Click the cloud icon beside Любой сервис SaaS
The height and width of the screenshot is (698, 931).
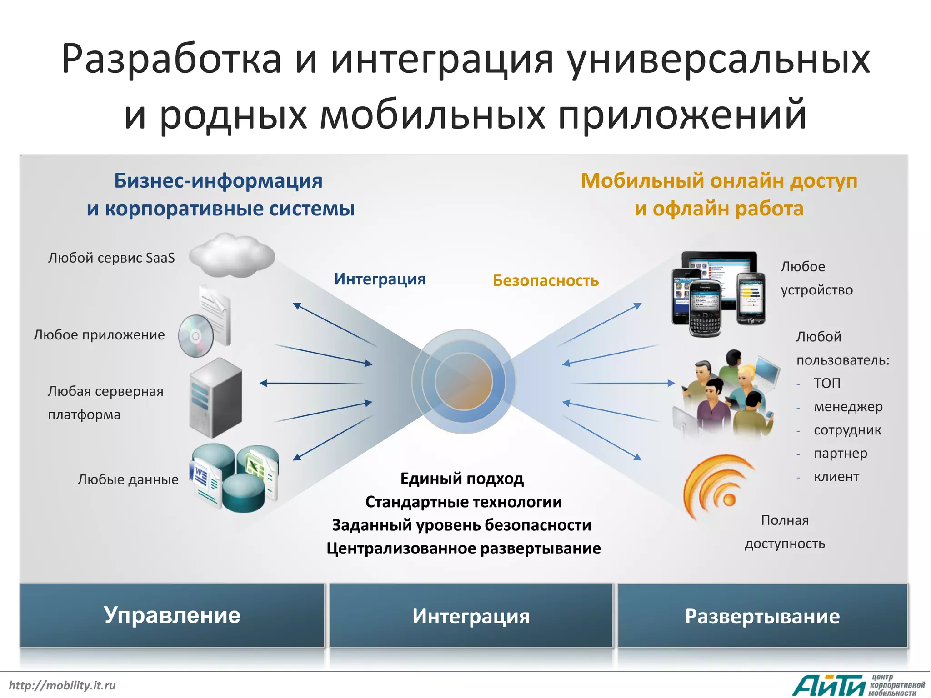click(232, 255)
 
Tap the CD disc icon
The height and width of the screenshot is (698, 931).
click(196, 336)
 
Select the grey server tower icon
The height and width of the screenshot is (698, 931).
click(215, 398)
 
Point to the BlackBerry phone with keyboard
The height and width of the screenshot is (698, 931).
click(705, 309)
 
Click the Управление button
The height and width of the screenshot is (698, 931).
click(172, 615)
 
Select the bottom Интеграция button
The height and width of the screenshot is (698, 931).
click(471, 616)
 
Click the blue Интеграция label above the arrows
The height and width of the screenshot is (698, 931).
click(380, 279)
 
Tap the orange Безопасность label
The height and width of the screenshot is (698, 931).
click(546, 281)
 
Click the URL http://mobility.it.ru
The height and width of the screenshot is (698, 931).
click(62, 685)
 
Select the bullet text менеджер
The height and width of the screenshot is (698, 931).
click(848, 407)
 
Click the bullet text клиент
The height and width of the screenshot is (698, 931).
click(836, 477)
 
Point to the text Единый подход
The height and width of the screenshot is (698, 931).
click(462, 479)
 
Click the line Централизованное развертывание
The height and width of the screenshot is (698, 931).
click(463, 548)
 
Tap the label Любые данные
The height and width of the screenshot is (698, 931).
click(128, 479)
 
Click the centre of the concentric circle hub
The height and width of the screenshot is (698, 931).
click(464, 381)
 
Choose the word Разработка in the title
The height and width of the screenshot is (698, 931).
click(171, 59)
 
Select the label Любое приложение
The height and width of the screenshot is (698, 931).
click(99, 335)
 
